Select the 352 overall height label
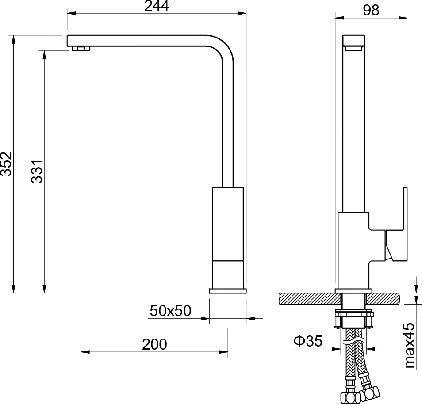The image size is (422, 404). tap(6, 164)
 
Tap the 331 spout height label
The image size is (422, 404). tap(37, 172)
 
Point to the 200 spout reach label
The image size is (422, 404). tap(154, 344)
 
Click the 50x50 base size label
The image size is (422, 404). tap(170, 310)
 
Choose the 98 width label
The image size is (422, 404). tap(371, 10)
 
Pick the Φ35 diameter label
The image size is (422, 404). tap(308, 341)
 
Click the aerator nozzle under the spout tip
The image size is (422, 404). tap(81, 49)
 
